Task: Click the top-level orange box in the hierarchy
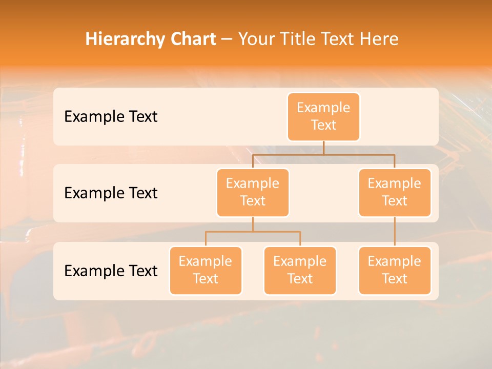(x=323, y=116)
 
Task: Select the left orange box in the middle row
(x=253, y=192)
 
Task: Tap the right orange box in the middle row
(x=395, y=192)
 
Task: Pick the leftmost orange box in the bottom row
(x=206, y=270)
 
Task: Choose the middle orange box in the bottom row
(x=300, y=270)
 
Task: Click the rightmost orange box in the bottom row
(x=395, y=270)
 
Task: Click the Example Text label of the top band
(x=111, y=116)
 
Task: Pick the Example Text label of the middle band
(x=111, y=193)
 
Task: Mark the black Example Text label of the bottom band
(x=111, y=271)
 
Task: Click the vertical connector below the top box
(x=323, y=147)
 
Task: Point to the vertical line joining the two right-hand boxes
(x=395, y=232)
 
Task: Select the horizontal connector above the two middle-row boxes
(x=323, y=154)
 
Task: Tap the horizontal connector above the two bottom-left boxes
(x=253, y=232)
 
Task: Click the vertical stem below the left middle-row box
(x=253, y=224)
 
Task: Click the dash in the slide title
(x=227, y=39)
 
